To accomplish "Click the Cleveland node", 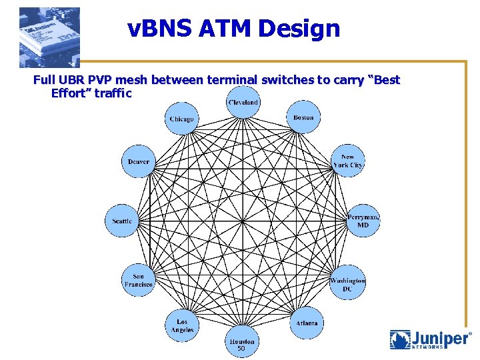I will pyautogui.click(x=243, y=102).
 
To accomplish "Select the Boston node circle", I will pyautogui.click(x=303, y=118).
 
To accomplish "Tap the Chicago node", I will pyautogui.click(x=181, y=119).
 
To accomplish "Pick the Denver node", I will pyautogui.click(x=139, y=162).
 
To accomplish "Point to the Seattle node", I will pyautogui.click(x=122, y=221).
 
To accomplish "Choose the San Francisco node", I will pyautogui.click(x=139, y=280).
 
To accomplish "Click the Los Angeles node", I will pyautogui.click(x=181, y=325).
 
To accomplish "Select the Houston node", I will pyautogui.click(x=242, y=341).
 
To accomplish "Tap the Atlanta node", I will pyautogui.click(x=307, y=323).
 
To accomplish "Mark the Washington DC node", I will pyautogui.click(x=347, y=284).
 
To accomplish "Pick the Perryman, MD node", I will pyautogui.click(x=363, y=221).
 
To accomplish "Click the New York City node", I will pyautogui.click(x=348, y=161).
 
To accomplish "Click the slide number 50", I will pyautogui.click(x=241, y=349).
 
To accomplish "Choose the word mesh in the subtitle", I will pyautogui.click(x=134, y=80).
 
